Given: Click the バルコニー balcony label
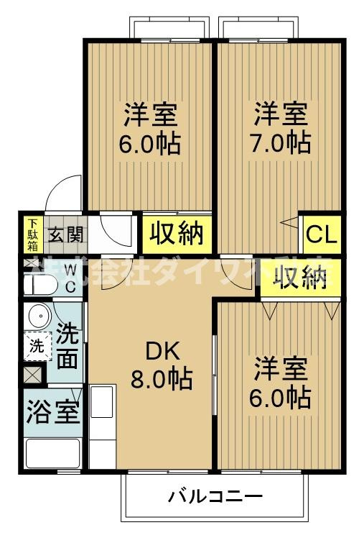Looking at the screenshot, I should click(x=215, y=496).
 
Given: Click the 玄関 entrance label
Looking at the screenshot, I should click(x=66, y=234).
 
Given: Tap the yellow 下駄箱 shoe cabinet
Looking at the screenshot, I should click(x=32, y=234).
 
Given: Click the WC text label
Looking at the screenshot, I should click(x=71, y=278).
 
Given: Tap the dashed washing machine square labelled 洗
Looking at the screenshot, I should click(x=37, y=346).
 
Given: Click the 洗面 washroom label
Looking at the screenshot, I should click(x=67, y=347).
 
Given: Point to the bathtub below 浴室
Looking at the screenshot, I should click(x=52, y=454).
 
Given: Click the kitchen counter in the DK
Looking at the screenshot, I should click(x=103, y=424).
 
